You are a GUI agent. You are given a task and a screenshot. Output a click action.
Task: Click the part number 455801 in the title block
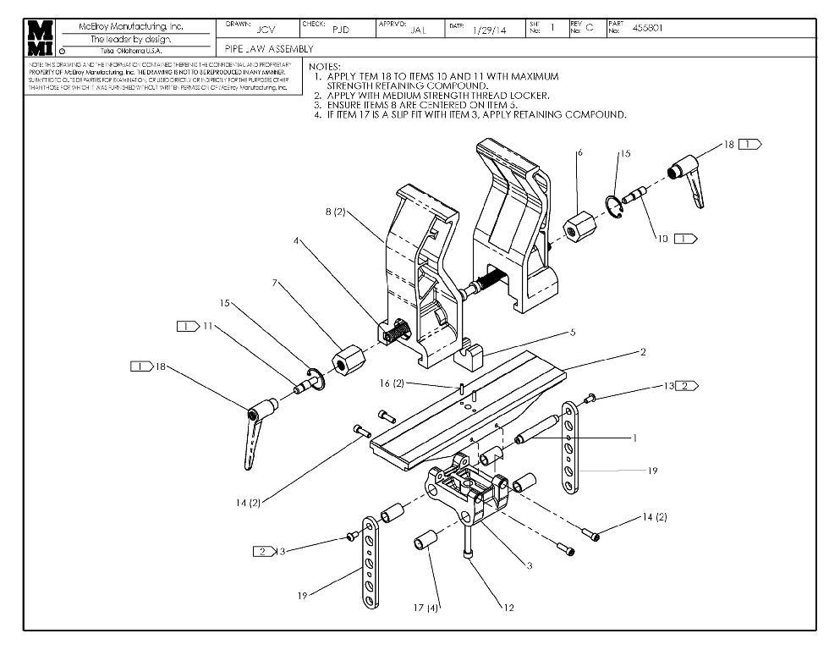[x=647, y=28]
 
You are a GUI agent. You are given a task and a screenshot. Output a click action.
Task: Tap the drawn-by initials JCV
[x=265, y=30]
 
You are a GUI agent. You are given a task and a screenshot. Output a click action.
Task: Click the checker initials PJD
[x=341, y=30]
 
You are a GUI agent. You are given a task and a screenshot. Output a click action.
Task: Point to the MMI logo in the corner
[x=41, y=37]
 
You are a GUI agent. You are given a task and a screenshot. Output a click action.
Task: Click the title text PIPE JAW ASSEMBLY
[x=270, y=49]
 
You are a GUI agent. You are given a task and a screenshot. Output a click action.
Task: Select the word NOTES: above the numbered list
[x=325, y=66]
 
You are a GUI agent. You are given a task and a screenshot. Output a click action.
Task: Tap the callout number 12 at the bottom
[x=508, y=606]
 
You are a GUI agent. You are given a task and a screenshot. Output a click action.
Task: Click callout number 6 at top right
[x=580, y=153]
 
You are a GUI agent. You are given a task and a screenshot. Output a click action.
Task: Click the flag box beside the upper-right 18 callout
[x=749, y=145]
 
